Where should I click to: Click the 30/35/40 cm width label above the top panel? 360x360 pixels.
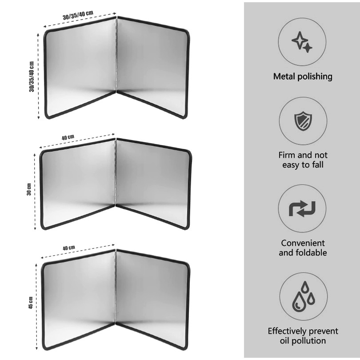78,15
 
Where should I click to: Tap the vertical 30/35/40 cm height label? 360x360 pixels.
32,77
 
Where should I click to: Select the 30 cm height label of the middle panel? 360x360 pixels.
29,189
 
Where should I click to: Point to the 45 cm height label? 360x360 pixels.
31,303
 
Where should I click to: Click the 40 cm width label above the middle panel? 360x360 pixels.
68,137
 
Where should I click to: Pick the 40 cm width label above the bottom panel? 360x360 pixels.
69,248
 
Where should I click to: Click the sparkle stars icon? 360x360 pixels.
302,42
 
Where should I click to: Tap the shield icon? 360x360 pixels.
303,121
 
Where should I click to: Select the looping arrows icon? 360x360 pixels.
302,209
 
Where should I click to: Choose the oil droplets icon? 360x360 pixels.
303,296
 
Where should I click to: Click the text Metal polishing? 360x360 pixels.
303,76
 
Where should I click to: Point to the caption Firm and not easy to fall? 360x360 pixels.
303,160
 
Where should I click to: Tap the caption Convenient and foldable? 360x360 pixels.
303,248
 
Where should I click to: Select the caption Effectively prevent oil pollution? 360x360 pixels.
303,336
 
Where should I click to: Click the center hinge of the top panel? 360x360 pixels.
116,54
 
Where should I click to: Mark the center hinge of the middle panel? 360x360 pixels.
116,172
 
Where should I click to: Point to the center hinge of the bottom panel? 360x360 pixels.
115,287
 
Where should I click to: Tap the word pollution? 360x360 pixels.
310,341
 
